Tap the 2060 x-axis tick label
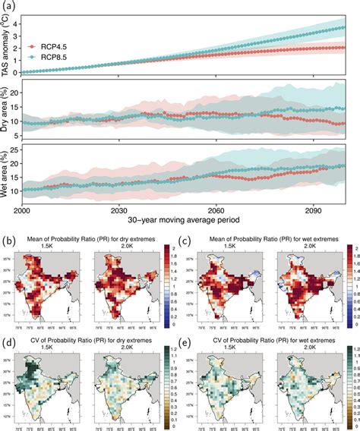tap(216, 209)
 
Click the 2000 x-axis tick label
tap(21, 209)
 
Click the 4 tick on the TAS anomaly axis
tap(21, 19)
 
